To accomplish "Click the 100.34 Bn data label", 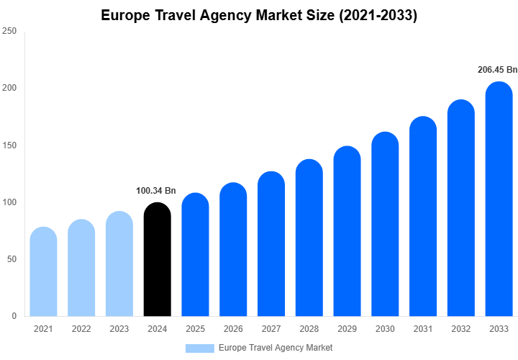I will [156, 191].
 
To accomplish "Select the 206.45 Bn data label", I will [497, 70].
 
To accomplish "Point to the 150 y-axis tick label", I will [9, 145].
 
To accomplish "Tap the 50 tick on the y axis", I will [11, 259].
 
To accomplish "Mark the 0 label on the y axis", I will [14, 316].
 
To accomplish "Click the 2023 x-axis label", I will [119, 329].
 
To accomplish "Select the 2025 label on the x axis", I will [195, 329].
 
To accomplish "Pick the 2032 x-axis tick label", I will [460, 329].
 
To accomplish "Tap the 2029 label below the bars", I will [347, 329].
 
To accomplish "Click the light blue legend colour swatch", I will [199, 348].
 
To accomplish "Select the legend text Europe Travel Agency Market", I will [276, 348].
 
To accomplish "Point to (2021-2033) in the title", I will [376, 15].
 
